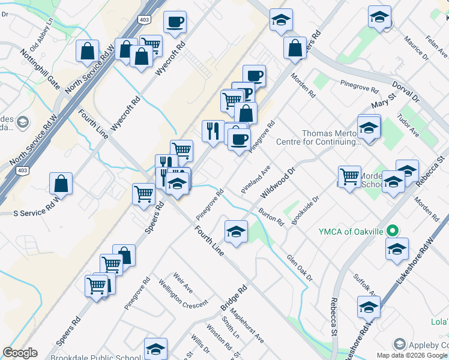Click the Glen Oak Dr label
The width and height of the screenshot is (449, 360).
300,267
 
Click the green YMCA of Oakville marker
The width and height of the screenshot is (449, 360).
392,230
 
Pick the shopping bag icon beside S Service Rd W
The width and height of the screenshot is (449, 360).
61,182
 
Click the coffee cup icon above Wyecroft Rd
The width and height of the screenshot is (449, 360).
175,22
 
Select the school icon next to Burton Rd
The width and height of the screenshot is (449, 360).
237,232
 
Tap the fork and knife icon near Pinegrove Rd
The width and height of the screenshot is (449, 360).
212,131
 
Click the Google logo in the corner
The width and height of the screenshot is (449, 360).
20,353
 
